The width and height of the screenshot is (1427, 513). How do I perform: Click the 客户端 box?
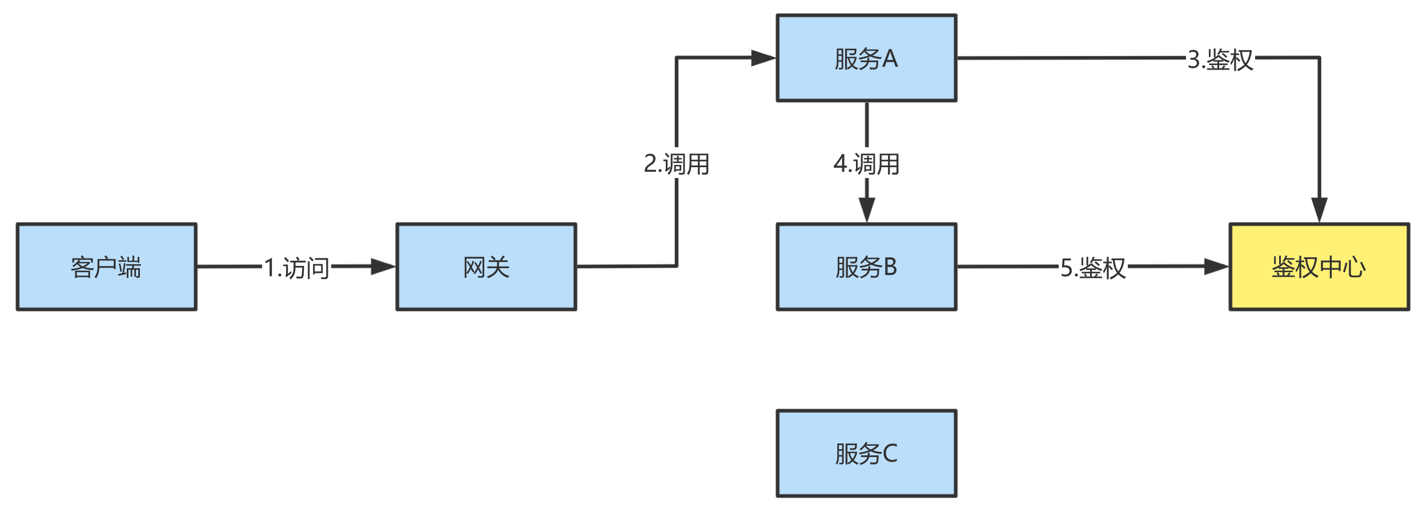(x=106, y=266)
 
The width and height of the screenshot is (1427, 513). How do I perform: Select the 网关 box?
(x=486, y=266)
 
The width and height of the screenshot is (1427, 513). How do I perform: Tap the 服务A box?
(x=866, y=58)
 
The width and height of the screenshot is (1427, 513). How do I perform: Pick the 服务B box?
(x=866, y=266)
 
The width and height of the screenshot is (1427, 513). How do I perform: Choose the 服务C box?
(x=866, y=453)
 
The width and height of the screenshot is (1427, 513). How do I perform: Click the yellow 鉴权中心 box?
(x=1319, y=266)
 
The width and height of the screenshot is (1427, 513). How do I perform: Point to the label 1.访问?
(x=296, y=268)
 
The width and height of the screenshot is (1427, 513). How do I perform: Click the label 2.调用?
(x=676, y=164)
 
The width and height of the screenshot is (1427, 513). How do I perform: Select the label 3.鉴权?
(x=1220, y=59)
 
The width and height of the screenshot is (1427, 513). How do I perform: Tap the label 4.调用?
(x=866, y=164)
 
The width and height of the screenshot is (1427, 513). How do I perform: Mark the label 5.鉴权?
(x=1092, y=268)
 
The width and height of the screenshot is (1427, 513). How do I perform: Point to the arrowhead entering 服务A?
(x=763, y=58)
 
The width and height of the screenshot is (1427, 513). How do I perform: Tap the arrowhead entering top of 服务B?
(x=866, y=209)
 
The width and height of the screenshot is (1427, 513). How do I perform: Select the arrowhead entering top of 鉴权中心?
(x=1319, y=209)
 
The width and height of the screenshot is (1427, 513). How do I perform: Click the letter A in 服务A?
(x=890, y=59)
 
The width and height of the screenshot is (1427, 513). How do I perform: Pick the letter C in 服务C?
(x=890, y=454)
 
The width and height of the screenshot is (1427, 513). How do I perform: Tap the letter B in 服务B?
(x=890, y=267)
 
